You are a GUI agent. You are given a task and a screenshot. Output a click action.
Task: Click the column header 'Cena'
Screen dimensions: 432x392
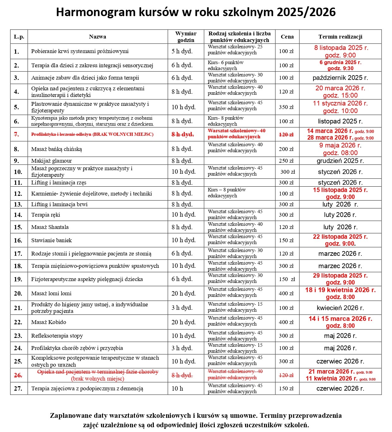(x=287, y=37)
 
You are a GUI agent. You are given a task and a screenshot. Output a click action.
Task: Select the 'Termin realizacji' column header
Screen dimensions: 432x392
(x=340, y=37)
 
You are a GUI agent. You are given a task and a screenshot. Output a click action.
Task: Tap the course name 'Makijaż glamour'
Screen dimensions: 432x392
(x=51, y=161)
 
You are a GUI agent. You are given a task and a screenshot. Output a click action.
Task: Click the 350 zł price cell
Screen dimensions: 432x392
(x=286, y=107)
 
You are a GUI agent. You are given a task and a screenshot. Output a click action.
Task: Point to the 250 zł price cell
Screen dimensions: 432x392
(x=286, y=161)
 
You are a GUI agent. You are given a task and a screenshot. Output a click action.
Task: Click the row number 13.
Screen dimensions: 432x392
(x=18, y=204)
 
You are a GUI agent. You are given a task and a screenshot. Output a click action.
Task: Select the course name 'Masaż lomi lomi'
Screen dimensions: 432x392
(x=51, y=293)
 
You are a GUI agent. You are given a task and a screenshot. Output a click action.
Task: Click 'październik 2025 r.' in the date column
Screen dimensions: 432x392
(x=340, y=78)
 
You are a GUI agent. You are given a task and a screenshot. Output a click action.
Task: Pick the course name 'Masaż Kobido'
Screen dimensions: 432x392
(x=49, y=322)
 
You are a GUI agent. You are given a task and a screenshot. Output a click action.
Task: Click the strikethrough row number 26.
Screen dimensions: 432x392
(x=18, y=375)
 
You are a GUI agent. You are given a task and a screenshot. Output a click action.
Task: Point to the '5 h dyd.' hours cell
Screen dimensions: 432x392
(x=182, y=51)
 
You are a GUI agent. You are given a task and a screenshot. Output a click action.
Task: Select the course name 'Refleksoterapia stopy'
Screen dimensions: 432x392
(x=57, y=336)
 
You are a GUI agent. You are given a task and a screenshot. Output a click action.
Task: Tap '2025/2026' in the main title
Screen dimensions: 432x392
(x=306, y=12)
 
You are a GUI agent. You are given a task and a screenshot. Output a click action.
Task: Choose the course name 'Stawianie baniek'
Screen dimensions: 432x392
(x=51, y=240)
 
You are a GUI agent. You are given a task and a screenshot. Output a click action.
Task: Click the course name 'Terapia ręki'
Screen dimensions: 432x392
(x=45, y=215)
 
